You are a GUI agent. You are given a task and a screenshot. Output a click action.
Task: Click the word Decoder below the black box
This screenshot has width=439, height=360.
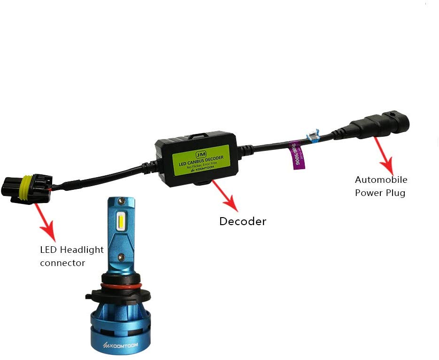point(242,221)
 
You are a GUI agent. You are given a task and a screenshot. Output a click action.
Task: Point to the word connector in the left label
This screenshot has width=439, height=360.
point(62,263)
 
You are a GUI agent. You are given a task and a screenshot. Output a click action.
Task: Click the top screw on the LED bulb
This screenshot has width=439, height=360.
point(122,202)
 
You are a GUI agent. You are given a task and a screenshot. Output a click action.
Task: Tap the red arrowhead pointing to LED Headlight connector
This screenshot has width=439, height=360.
point(49,232)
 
